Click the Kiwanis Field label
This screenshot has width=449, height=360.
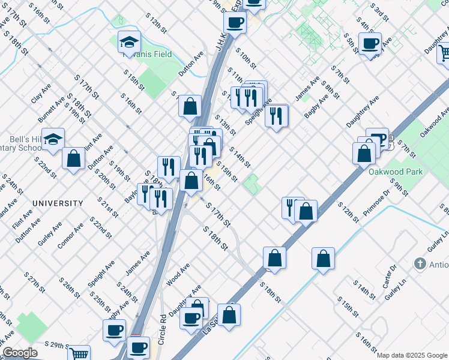click(148, 54)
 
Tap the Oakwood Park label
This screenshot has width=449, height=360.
click(395, 172)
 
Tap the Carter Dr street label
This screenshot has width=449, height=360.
click(390, 275)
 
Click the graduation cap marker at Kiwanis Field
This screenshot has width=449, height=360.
click(129, 42)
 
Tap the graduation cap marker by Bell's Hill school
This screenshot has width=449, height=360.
click(53, 139)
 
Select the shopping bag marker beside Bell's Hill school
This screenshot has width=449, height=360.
click(73, 159)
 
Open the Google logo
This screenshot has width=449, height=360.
click(20, 353)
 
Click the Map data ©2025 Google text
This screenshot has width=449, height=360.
click(411, 355)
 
